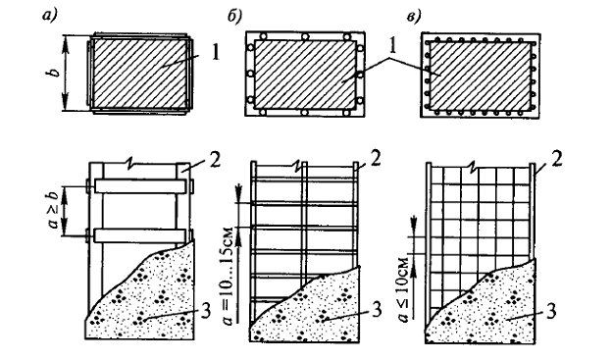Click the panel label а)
pos(49,16)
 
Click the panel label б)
pos(235,16)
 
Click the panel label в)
pos(414,16)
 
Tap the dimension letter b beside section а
pos(55,73)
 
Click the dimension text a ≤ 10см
pos(405,290)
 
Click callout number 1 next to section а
pos(216,53)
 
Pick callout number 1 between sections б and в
pos(392,46)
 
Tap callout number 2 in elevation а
pos(215,161)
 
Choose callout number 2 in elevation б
pos(376,160)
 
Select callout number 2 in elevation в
pos(557,160)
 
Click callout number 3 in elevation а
pos(207,311)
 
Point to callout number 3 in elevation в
pos(551,311)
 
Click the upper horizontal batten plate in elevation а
pos(139,186)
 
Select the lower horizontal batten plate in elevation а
pos(139,235)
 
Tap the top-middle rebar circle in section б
pos(305,36)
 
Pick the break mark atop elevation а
pos(131,164)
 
